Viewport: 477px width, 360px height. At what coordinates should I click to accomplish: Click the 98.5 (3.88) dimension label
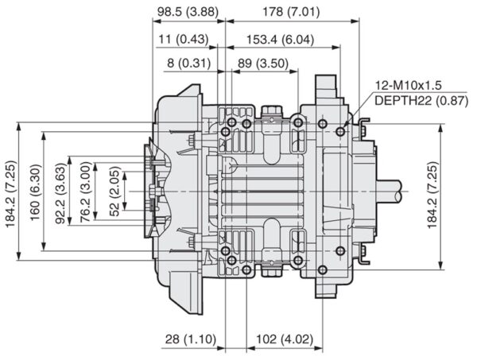pyautogui.click(x=188, y=12)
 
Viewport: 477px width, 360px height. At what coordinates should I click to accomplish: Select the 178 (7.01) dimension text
pyautogui.click(x=291, y=12)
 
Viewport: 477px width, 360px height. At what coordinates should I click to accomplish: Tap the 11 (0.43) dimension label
pyautogui.click(x=184, y=39)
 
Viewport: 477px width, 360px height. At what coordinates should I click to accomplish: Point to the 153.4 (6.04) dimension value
pyautogui.click(x=280, y=40)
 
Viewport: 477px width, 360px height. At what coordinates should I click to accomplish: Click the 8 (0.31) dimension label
pyautogui.click(x=188, y=64)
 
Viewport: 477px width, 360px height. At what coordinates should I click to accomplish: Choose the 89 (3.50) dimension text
pyautogui.click(x=263, y=64)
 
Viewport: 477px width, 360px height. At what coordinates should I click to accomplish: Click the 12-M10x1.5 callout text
pyautogui.click(x=408, y=86)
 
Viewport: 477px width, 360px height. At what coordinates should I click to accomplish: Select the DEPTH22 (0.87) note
pyautogui.click(x=421, y=101)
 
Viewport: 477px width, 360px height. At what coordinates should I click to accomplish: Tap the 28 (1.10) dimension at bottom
pyautogui.click(x=191, y=339)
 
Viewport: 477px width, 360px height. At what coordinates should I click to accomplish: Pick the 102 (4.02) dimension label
pyautogui.click(x=285, y=339)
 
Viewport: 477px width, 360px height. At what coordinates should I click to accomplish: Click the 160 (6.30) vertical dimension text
pyautogui.click(x=35, y=192)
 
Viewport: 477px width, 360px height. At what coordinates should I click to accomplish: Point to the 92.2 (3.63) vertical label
pyautogui.click(x=60, y=193)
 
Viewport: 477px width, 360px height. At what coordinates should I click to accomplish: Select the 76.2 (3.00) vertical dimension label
pyautogui.click(x=86, y=192)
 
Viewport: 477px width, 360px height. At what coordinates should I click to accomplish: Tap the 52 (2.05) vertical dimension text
pyautogui.click(x=114, y=192)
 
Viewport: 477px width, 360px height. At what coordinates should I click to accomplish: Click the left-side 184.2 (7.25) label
pyautogui.click(x=10, y=194)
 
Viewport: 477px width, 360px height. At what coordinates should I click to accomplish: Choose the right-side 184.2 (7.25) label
pyautogui.click(x=432, y=195)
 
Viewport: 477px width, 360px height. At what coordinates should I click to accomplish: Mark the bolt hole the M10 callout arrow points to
pyautogui.click(x=340, y=132)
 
